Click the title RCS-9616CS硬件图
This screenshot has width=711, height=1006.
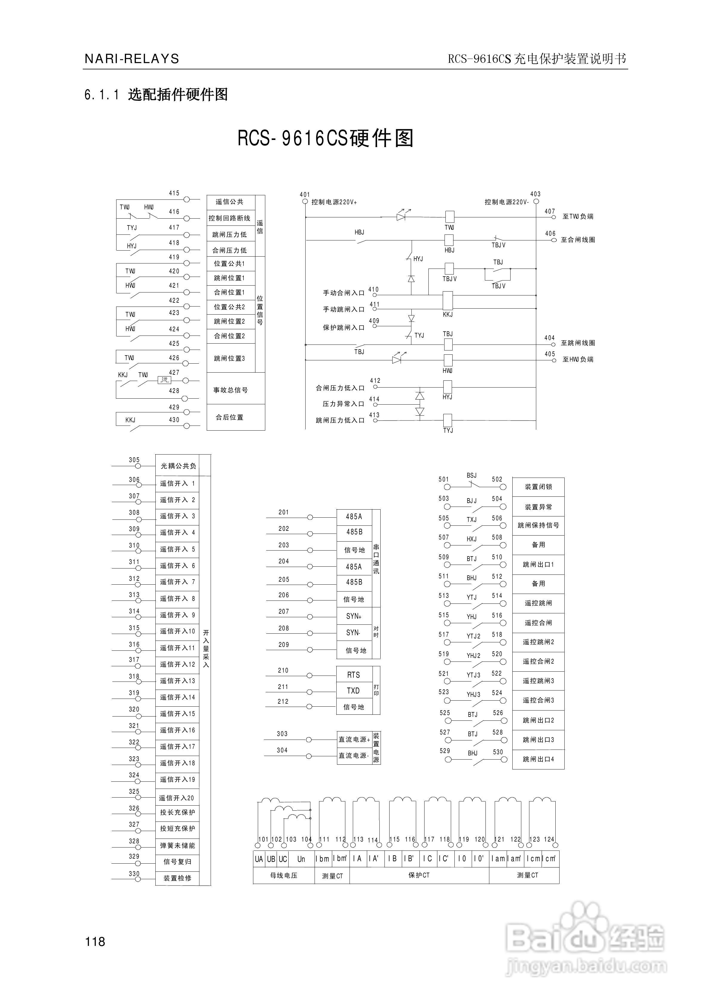click(x=325, y=138)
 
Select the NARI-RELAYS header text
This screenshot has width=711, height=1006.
click(x=132, y=59)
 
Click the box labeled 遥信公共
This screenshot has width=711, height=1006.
click(x=230, y=202)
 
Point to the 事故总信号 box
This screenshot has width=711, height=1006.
click(x=230, y=390)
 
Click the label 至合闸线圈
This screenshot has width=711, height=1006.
click(x=578, y=240)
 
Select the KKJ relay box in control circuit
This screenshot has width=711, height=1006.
click(x=448, y=301)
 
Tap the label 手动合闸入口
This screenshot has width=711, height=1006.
click(x=344, y=293)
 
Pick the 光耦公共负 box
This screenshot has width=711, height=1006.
click(x=177, y=466)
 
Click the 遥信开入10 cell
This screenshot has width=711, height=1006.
click(x=177, y=631)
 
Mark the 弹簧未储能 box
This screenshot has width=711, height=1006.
click(x=177, y=845)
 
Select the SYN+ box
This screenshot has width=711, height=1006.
click(x=354, y=616)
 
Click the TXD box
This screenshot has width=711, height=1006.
click(x=353, y=691)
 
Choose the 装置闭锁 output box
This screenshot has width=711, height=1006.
click(x=538, y=487)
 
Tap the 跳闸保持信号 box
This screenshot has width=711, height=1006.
click(x=538, y=525)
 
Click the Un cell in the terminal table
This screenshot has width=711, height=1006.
click(x=301, y=859)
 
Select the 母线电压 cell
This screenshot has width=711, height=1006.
click(x=284, y=875)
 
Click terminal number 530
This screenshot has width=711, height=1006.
click(x=498, y=752)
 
